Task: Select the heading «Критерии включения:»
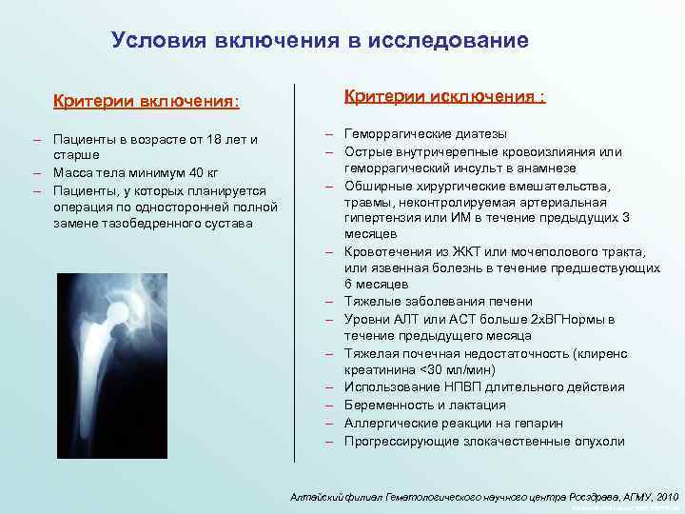[x=146, y=100]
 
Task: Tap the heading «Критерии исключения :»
[x=444, y=97]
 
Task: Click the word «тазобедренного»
[x=134, y=223]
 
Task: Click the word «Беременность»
[x=387, y=405]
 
